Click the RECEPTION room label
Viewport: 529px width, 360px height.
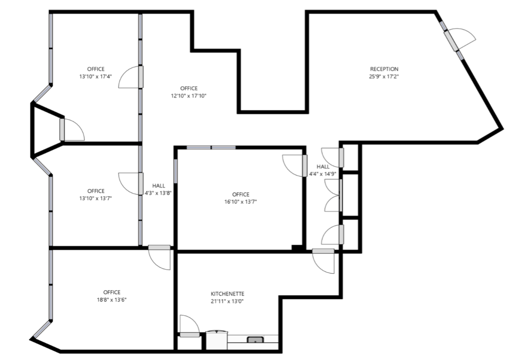point(384,69)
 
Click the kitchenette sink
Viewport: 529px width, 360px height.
point(255,339)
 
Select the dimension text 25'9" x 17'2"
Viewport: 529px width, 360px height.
point(384,77)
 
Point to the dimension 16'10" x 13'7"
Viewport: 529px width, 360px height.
point(240,202)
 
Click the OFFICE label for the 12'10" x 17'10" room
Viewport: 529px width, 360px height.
point(189,88)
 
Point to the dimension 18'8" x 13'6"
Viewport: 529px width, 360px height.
point(111,300)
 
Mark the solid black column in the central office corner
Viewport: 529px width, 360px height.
point(298,248)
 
